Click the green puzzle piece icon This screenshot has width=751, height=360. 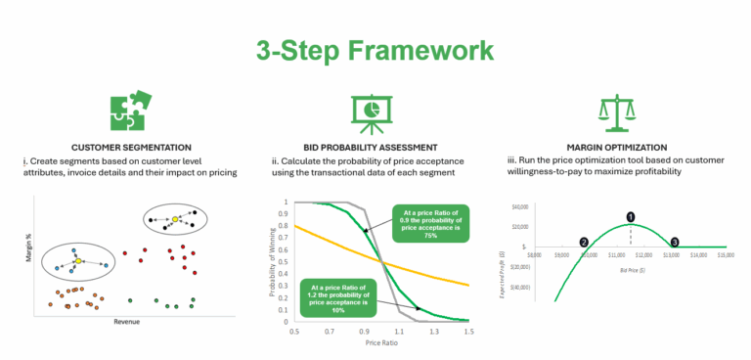(128, 113)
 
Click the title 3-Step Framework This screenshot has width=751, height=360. (375, 51)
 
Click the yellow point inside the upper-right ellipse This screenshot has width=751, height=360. (174, 219)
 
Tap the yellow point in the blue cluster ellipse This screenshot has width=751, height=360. (77, 261)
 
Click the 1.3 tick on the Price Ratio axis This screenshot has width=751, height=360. (434, 333)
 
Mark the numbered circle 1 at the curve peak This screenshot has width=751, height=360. (630, 216)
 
